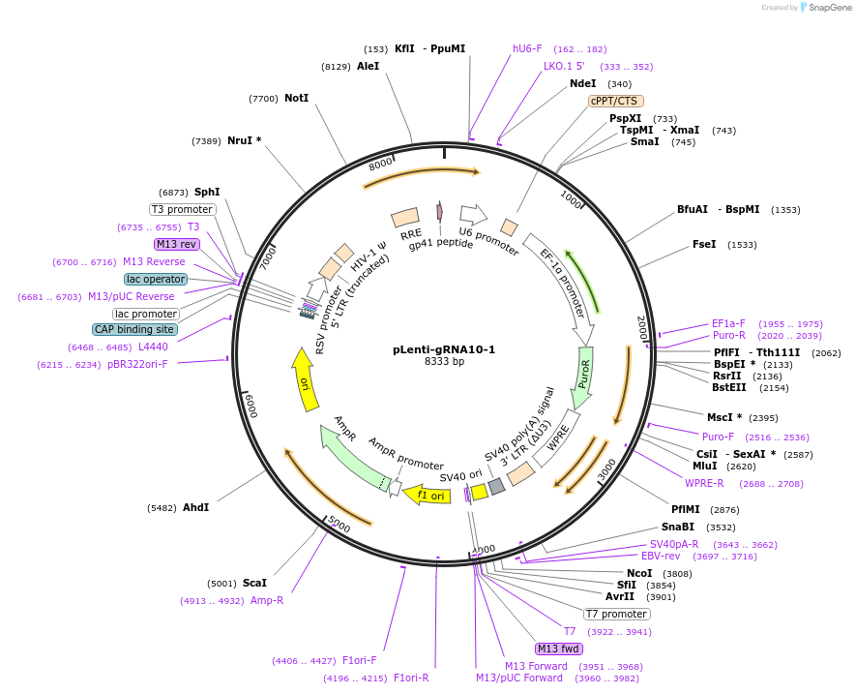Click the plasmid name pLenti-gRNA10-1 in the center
(444, 349)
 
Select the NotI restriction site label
(296, 98)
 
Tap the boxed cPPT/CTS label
(616, 101)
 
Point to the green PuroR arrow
(582, 378)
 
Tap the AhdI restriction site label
(195, 507)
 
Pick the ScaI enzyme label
(254, 583)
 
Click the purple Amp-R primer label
(267, 600)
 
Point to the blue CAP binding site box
(134, 329)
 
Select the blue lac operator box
(156, 279)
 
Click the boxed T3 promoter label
(182, 209)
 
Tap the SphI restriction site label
(207, 192)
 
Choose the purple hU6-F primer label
(527, 48)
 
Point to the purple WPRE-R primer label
(704, 483)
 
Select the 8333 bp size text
(444, 362)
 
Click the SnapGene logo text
(830, 7)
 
